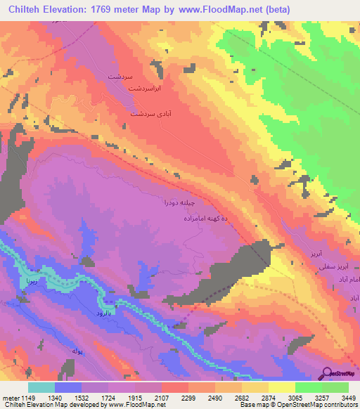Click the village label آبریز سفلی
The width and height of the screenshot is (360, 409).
point(331,267)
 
